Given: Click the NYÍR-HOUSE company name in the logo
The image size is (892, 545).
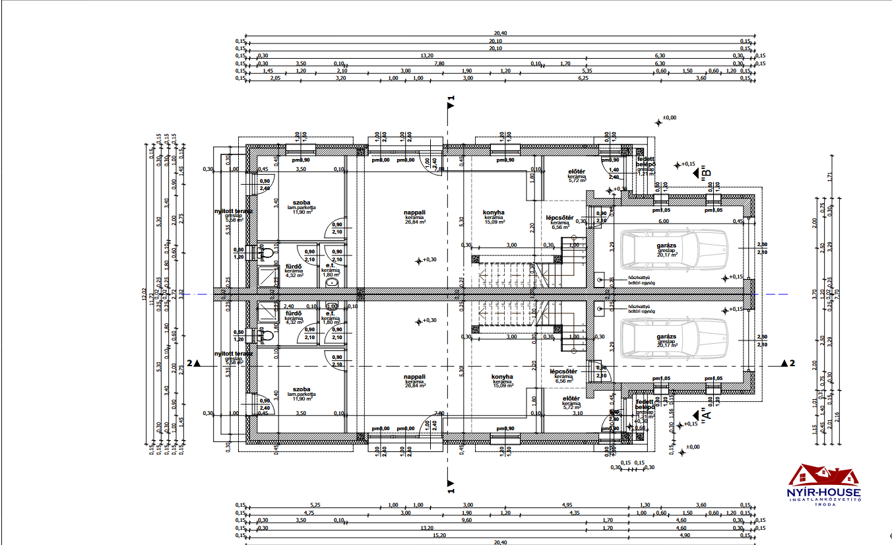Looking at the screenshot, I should (824, 492).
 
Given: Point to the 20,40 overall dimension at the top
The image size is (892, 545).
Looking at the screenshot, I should (499, 33).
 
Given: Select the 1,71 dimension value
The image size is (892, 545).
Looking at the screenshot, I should (831, 176).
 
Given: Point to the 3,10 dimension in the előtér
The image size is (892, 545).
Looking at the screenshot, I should (578, 413).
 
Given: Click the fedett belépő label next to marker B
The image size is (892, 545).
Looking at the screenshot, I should (645, 162).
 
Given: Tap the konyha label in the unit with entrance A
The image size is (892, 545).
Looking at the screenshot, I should (502, 377).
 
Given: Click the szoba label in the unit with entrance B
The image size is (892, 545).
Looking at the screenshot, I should (302, 203).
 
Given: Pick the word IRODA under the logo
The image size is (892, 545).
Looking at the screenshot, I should (824, 505).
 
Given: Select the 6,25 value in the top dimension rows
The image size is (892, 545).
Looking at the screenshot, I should (583, 79).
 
